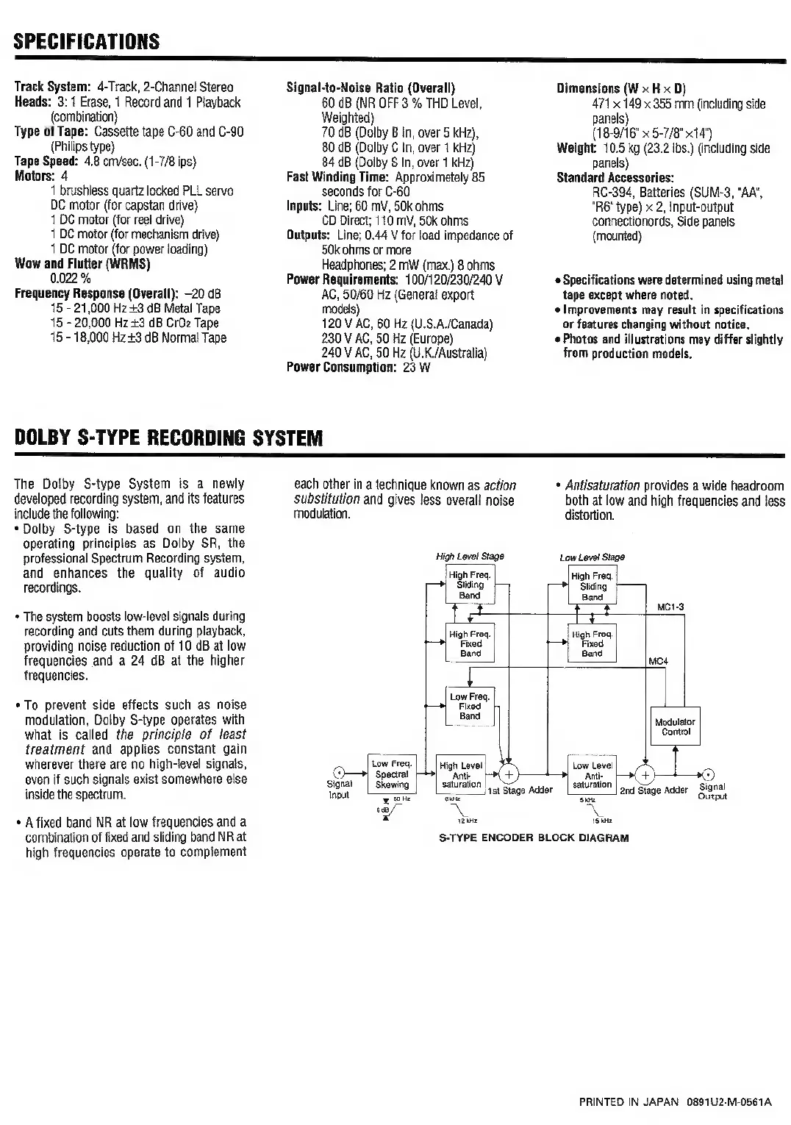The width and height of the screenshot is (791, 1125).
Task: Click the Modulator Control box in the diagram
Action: coord(675,726)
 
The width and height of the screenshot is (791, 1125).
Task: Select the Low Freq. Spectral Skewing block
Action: coord(391,774)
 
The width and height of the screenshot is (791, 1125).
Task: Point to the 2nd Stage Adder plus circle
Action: coord(645,774)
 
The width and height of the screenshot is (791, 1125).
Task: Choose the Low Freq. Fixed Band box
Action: coord(470,706)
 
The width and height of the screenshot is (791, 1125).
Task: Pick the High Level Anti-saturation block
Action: coord(460,775)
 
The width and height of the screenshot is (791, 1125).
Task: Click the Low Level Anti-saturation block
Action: coord(592,775)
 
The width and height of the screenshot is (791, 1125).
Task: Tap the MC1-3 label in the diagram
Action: coord(670,607)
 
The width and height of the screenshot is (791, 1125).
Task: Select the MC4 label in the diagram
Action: coord(658,661)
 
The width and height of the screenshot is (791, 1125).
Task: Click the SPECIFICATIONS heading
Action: coord(86,41)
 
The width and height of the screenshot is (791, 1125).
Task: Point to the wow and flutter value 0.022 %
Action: coord(71,279)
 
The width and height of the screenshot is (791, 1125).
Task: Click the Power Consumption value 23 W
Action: coord(416,368)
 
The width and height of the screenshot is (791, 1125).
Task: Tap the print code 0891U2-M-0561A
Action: coord(729,1102)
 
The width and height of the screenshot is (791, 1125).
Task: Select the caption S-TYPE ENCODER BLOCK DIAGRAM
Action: coord(534,838)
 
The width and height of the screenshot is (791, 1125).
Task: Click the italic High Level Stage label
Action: coord(470,557)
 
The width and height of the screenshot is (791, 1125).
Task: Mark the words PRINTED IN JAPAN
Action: coord(630,1102)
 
